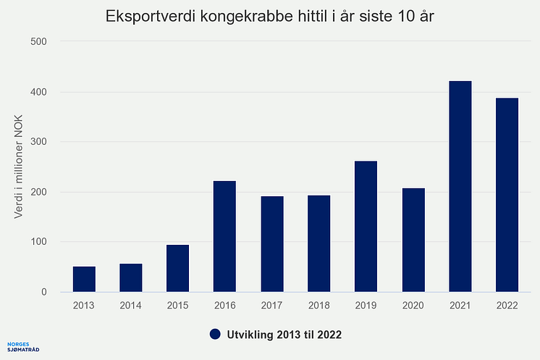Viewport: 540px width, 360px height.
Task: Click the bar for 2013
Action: (84, 280)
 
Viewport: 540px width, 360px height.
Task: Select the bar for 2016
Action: (224, 237)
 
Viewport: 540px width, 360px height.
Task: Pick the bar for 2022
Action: (507, 195)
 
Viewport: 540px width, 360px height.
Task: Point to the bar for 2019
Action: (366, 227)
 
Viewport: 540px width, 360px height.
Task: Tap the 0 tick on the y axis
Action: (44, 293)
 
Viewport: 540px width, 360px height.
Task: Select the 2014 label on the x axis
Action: (131, 306)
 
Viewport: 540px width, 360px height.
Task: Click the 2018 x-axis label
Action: (319, 306)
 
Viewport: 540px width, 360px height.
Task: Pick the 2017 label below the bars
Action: (272, 306)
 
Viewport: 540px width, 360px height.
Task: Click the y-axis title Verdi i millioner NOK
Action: (20, 167)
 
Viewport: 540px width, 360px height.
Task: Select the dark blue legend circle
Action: (214, 334)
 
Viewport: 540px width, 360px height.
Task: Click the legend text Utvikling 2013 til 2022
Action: (284, 334)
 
